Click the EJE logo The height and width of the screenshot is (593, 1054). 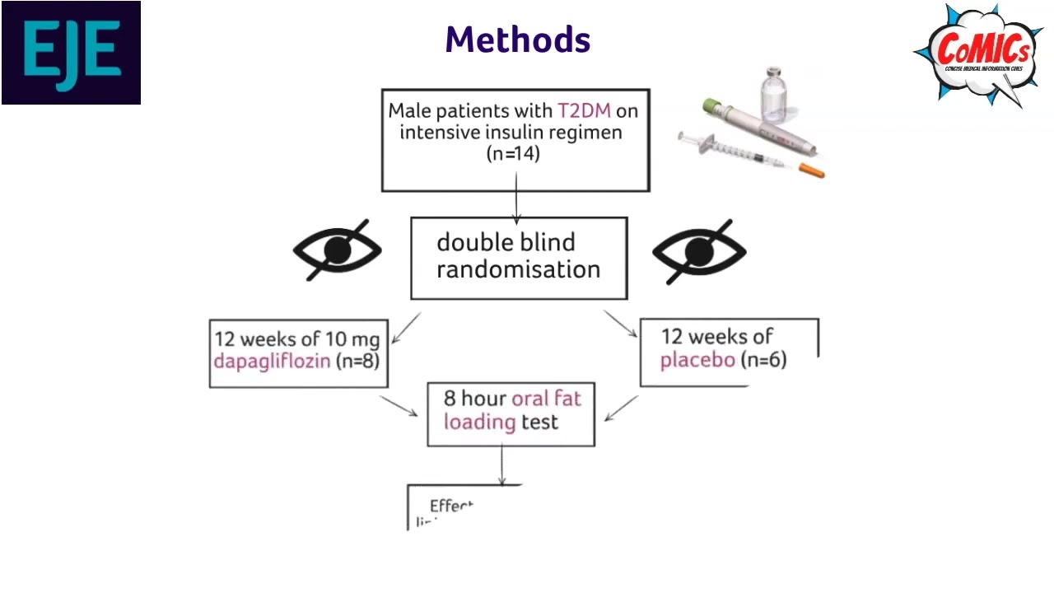pyautogui.click(x=71, y=53)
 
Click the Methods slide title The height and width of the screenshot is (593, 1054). pyautogui.click(x=518, y=40)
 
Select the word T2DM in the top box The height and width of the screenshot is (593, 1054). pyautogui.click(x=584, y=111)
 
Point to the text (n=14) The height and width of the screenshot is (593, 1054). pyautogui.click(x=514, y=153)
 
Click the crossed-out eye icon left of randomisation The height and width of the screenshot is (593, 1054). pyautogui.click(x=338, y=250)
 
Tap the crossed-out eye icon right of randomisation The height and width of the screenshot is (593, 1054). pyautogui.click(x=699, y=250)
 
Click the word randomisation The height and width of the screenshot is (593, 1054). pyautogui.click(x=518, y=269)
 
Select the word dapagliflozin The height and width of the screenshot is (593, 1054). pyautogui.click(x=272, y=361)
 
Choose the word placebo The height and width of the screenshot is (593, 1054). pyautogui.click(x=697, y=360)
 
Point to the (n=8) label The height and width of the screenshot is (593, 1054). pyautogui.click(x=357, y=361)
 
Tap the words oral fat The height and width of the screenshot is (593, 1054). pyautogui.click(x=546, y=399)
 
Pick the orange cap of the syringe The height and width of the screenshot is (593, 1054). pyautogui.click(x=812, y=170)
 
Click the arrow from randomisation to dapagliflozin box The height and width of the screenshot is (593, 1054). pyautogui.click(x=406, y=328)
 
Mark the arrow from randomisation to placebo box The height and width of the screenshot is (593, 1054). pyautogui.click(x=621, y=324)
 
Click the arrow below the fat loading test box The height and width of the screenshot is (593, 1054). pyautogui.click(x=501, y=465)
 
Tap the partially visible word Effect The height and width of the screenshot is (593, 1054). pyautogui.click(x=451, y=506)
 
